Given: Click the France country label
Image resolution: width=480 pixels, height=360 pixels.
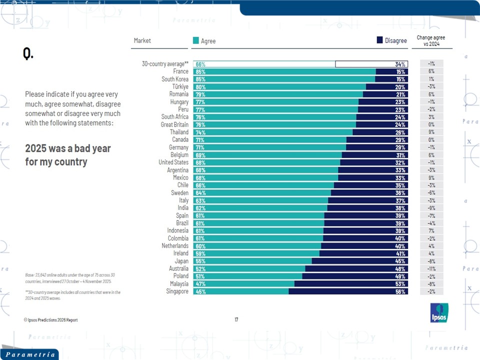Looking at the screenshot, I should point(181,71).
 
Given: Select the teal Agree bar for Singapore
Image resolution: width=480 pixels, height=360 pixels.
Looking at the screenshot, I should point(240,291).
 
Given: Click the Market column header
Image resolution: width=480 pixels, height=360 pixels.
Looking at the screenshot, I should point(142,40).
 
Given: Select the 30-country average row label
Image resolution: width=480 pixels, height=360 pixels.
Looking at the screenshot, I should point(165,64).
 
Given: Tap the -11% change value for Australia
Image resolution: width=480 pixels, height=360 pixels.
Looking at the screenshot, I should point(431,268).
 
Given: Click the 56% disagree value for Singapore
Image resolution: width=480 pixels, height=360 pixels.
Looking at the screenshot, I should point(400,291).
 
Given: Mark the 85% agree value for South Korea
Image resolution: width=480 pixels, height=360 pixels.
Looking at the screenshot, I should point(200,79).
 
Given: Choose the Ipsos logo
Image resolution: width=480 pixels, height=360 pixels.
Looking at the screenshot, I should point(439,312).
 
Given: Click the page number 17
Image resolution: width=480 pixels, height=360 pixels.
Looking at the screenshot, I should point(236,319).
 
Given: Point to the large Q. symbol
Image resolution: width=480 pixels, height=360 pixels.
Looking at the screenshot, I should point(28,53).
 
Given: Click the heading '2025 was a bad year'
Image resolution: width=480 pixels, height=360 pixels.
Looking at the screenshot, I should point(68,148).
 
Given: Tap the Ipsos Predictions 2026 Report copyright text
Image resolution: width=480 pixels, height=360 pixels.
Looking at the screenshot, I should point(50,320).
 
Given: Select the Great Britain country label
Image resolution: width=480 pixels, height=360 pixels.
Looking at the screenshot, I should point(174,124).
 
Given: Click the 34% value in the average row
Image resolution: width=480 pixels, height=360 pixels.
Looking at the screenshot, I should point(400,64).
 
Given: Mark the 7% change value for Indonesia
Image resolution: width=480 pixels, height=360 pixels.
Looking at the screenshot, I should point(431,230).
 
